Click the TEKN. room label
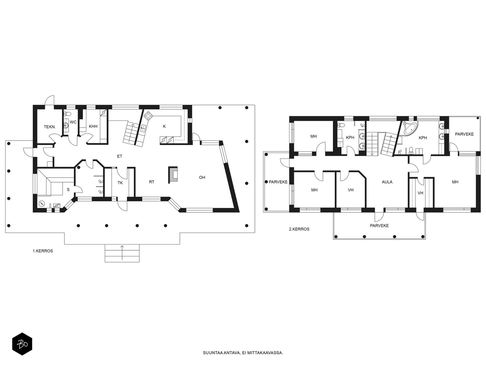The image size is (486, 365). (50, 127)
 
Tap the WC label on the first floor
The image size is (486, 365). (73, 122)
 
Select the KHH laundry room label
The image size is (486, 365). (93, 126)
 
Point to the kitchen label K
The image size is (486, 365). (164, 126)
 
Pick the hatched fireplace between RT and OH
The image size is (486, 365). (173, 175)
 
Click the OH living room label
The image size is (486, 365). (202, 177)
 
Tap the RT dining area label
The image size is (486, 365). (152, 182)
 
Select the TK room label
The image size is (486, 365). (120, 183)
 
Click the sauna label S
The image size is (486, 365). (68, 189)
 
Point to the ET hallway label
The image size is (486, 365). (120, 156)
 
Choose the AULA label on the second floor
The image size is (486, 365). (387, 182)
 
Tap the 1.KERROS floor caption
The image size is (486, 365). (43, 251)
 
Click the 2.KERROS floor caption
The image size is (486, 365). (299, 229)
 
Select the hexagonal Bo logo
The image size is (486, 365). (22, 344)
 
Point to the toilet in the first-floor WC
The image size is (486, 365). (67, 114)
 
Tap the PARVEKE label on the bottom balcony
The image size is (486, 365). (379, 226)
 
